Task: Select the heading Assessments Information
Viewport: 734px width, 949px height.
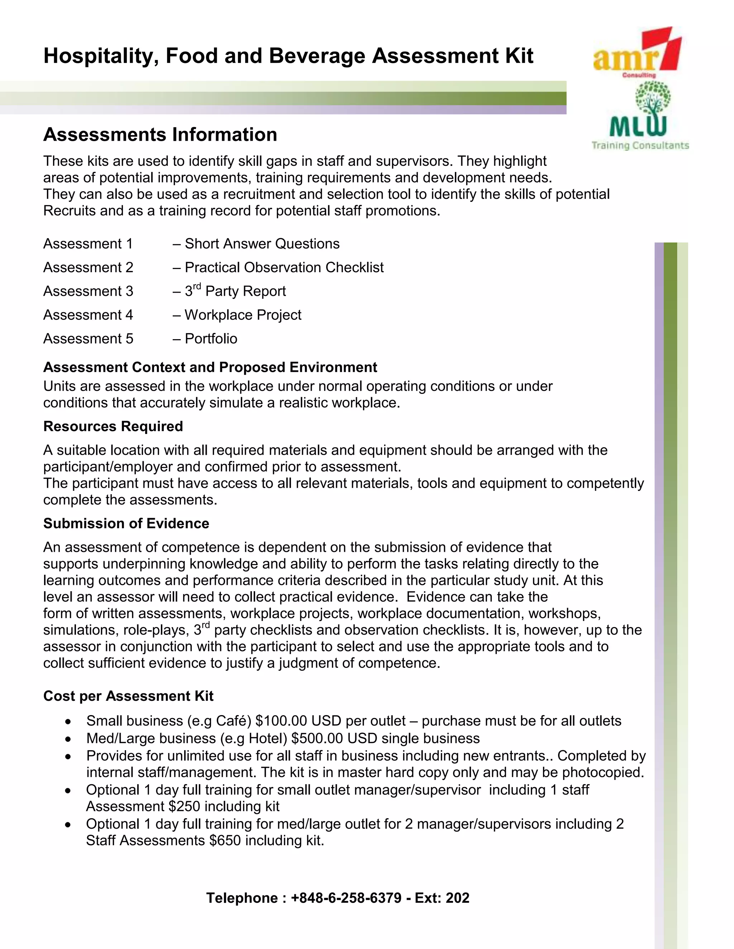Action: (x=160, y=134)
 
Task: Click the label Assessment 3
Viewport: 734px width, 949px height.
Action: (x=88, y=291)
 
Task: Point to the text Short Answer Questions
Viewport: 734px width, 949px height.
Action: (x=262, y=244)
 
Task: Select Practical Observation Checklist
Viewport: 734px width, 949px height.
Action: (x=284, y=267)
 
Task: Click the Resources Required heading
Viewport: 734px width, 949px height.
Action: (x=113, y=426)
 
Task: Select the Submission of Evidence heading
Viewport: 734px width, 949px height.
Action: (x=126, y=523)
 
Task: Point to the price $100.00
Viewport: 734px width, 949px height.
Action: (x=281, y=721)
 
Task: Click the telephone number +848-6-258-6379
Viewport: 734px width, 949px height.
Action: (x=346, y=898)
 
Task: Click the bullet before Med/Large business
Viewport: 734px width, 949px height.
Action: (x=68, y=739)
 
